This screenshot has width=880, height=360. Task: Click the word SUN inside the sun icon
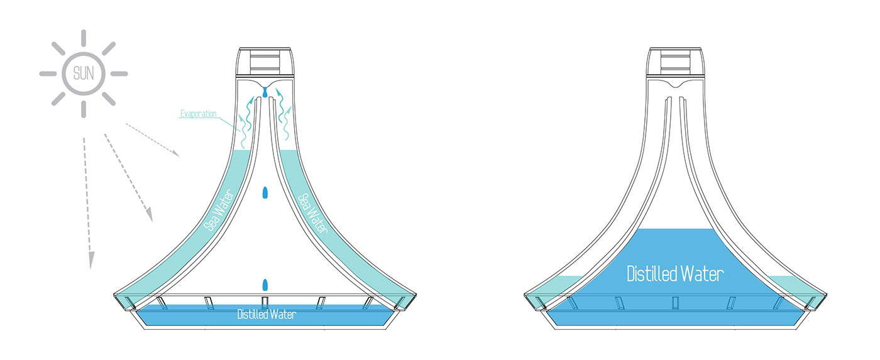click(84, 74)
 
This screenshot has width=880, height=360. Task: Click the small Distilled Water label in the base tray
click(266, 315)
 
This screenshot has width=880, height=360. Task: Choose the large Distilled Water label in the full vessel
click(675, 274)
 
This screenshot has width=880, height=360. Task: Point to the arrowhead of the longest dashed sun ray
click(91, 259)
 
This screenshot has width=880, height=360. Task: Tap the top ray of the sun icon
click(84, 37)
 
